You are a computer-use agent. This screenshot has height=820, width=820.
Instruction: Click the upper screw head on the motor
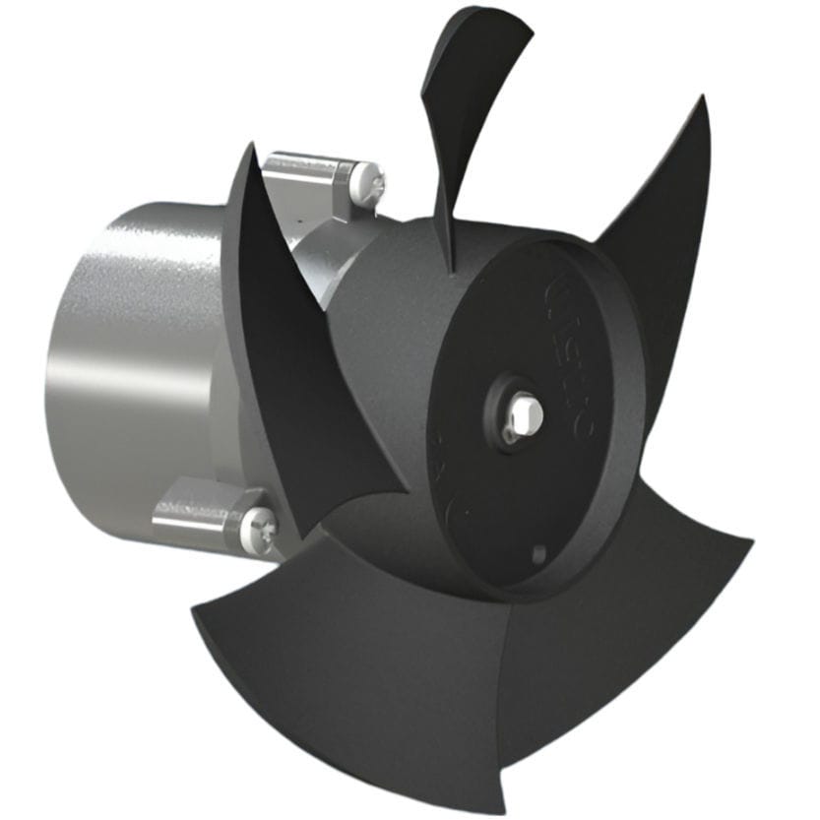[x=372, y=183]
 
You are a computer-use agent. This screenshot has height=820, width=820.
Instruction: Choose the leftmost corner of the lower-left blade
[x=192, y=610]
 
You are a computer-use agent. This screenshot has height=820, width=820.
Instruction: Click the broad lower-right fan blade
[x=630, y=630]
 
